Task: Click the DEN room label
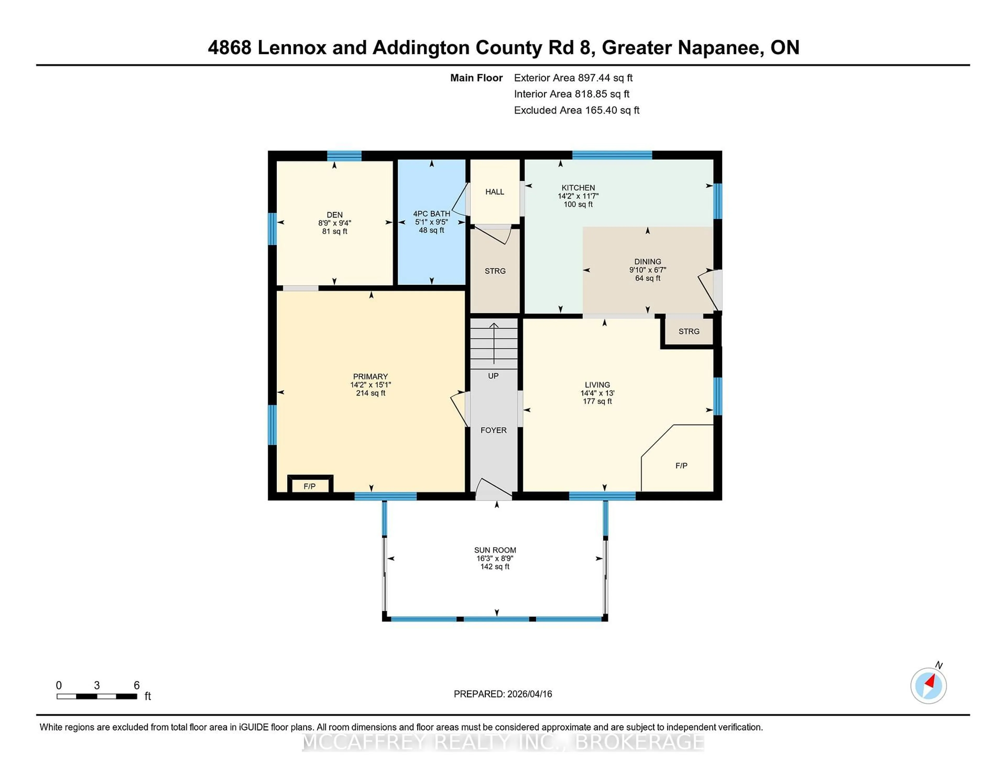coord(334,215)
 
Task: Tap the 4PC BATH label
coord(431,214)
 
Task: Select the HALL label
coord(495,192)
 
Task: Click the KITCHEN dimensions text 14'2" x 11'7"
coord(578,196)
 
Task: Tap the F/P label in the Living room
coord(681,466)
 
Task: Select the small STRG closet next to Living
coord(689,331)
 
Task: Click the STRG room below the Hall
coord(495,271)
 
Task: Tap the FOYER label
coord(493,430)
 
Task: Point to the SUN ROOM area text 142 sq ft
coord(495,566)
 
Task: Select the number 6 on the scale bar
coord(136,685)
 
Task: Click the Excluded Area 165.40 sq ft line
coord(576,110)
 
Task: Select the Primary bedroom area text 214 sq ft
coord(370,393)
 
